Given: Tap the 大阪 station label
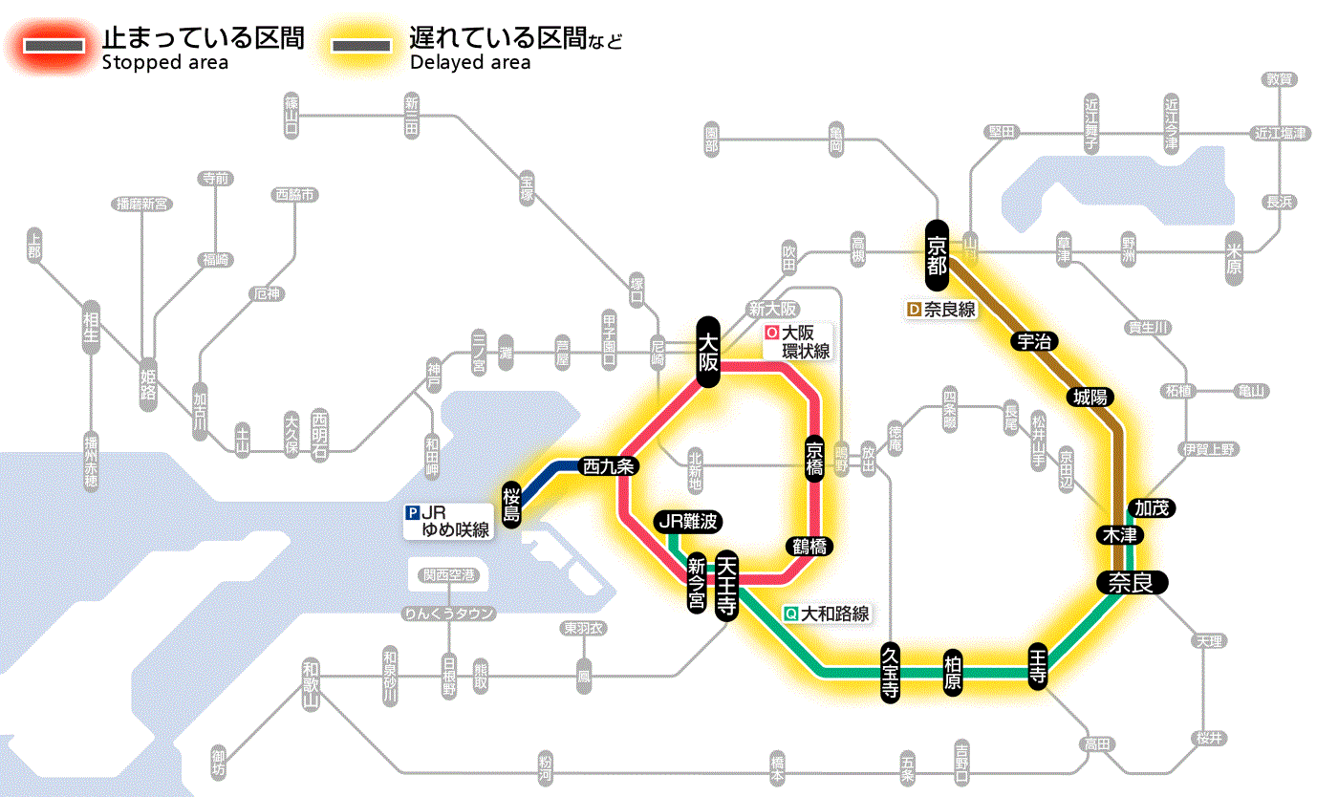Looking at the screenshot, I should click(x=708, y=352).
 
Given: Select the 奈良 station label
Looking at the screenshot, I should click(x=1131, y=582).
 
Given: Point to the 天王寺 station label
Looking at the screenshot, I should click(x=726, y=585).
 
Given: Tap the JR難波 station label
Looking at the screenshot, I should click(x=688, y=521).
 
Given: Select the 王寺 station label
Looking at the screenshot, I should click(x=1038, y=666).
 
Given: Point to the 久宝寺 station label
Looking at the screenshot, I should click(x=890, y=673).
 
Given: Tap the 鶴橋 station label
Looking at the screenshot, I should click(x=809, y=546).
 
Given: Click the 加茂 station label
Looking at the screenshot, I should click(x=1152, y=507).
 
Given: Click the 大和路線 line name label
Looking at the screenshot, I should click(x=827, y=614).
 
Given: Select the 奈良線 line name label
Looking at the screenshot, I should click(x=940, y=310).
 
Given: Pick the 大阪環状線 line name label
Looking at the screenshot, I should click(x=797, y=342).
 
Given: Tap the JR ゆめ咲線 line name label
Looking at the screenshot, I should click(x=449, y=521).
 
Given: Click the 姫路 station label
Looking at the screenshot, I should click(x=148, y=382).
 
